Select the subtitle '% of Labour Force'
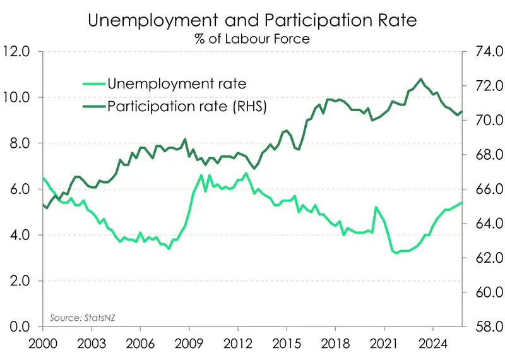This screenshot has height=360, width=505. (252, 39)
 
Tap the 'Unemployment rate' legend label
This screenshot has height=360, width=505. (176, 83)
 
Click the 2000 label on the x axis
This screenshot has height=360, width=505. (43, 345)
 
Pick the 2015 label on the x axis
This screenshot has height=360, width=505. (287, 345)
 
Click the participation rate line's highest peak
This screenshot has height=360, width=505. (421, 79)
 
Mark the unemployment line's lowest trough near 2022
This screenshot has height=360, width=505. (397, 253)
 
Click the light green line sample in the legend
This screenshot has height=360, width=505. (94, 83)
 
